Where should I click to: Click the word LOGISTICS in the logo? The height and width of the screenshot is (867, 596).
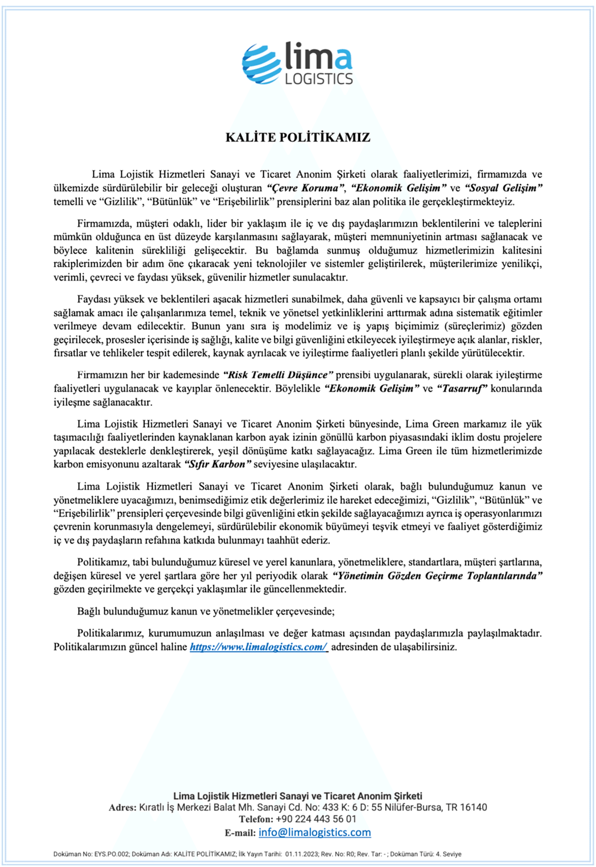point(319,79)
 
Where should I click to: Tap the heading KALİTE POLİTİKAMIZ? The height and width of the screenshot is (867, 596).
point(298,138)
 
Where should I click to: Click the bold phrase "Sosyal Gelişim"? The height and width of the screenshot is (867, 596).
point(504,188)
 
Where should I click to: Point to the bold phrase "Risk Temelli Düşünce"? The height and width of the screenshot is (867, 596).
point(278,375)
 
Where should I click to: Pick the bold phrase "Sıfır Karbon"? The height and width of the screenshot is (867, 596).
point(218,464)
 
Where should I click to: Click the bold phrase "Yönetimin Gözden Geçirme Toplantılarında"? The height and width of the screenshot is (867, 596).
point(437,576)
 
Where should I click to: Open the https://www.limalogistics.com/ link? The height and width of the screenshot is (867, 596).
point(258,647)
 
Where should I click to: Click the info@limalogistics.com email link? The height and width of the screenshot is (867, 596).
point(315,832)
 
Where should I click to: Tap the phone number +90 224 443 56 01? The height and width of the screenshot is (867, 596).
point(316,819)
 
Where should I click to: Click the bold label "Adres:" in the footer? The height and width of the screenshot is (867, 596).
point(122,807)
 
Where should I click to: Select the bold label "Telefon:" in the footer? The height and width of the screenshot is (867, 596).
point(256,819)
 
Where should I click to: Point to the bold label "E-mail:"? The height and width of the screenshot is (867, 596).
point(240,833)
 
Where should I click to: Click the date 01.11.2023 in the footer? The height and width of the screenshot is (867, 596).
point(301,854)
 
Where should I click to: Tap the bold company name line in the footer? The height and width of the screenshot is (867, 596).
point(298,796)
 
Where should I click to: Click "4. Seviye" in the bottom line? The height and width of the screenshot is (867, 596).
point(445,854)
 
